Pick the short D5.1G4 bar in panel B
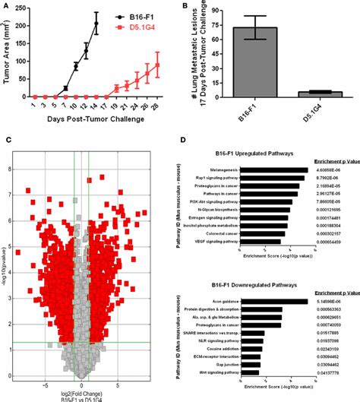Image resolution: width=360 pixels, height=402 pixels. (325, 94)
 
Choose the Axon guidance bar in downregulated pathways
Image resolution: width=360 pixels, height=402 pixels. (279, 302)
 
